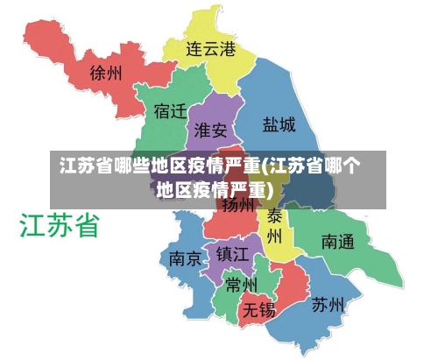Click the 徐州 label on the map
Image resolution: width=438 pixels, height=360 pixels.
[106, 74]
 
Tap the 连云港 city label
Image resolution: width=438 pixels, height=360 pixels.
[210, 49]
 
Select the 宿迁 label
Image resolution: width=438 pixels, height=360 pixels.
[170, 112]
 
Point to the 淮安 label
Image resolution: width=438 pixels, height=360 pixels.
[210, 131]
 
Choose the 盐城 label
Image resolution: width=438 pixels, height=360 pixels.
[279, 124]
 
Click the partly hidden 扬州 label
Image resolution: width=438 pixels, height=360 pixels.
[237, 206]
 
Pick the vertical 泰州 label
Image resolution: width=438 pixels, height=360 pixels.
[274, 227]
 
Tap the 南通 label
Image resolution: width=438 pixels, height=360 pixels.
[337, 240]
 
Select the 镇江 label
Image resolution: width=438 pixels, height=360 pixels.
[233, 253]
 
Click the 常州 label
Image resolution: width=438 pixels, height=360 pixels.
[240, 285]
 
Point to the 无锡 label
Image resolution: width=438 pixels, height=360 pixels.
[259, 309]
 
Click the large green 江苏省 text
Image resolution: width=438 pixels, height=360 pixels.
[59, 225]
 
